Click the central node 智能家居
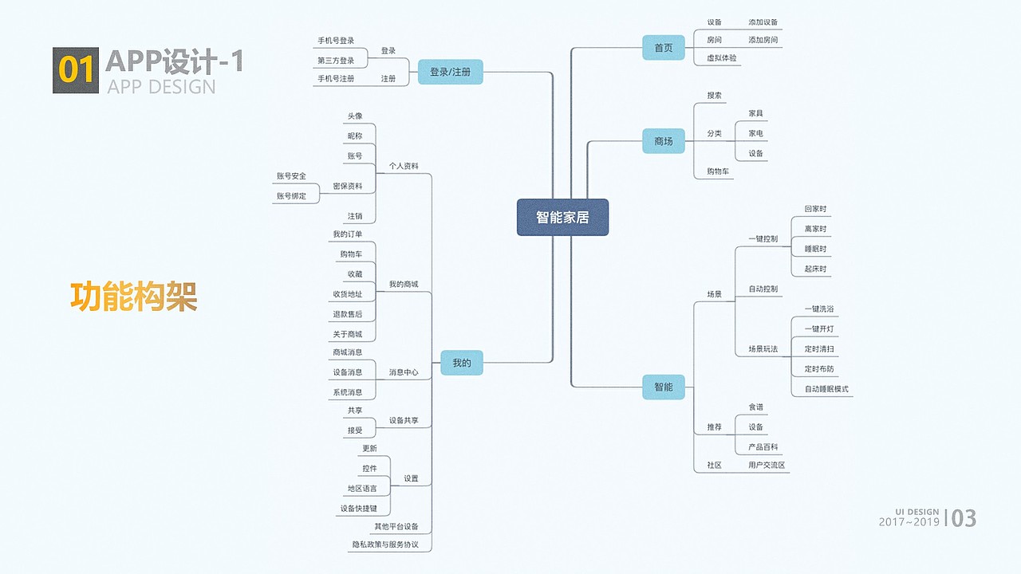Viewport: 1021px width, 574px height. (562, 217)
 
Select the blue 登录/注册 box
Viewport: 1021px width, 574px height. (450, 72)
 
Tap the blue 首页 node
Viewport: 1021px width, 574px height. (664, 48)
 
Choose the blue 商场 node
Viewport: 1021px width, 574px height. (664, 141)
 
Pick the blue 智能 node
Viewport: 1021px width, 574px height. (664, 387)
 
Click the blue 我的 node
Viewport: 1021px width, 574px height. (462, 363)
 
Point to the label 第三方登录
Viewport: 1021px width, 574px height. (336, 61)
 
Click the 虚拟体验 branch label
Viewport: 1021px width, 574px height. (722, 58)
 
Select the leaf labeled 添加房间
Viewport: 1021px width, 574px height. (763, 40)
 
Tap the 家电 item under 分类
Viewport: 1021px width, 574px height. (755, 133)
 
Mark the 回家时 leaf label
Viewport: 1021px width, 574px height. (815, 209)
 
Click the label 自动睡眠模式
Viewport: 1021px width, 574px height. (826, 389)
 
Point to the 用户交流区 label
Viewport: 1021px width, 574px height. (767, 465)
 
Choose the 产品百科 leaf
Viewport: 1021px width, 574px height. (763, 447)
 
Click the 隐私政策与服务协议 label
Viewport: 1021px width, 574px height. (384, 545)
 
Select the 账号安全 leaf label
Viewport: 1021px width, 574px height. (291, 175)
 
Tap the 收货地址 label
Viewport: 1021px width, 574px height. (347, 294)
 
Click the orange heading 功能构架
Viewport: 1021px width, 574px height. (133, 297)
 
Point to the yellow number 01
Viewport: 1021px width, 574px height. (76, 70)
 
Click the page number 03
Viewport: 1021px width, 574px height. (964, 518)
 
